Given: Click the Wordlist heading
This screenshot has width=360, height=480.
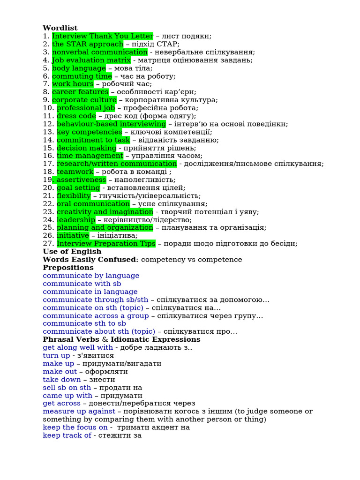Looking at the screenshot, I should pos(60,28).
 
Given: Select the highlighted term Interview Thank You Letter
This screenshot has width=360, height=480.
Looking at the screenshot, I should pos(103,36).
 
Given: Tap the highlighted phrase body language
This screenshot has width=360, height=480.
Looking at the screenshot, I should pos(79,68).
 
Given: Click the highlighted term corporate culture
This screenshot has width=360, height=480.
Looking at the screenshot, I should pos(84,100).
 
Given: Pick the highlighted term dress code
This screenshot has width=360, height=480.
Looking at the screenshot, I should pos(76,116).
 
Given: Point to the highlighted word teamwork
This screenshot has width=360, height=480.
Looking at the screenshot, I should pos(75,172).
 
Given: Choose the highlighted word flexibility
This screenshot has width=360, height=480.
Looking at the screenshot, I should pos(74,195).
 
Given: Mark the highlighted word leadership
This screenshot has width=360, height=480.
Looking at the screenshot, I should pos(75,219).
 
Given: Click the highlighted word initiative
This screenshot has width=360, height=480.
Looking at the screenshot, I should pos(73,235).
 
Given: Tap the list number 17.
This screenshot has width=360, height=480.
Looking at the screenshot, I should pos(49,164).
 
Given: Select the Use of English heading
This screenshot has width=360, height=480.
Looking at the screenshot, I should pos(72,252).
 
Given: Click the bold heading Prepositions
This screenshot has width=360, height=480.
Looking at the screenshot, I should pos(68,268).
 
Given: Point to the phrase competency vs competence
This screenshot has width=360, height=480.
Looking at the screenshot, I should pos(191,260).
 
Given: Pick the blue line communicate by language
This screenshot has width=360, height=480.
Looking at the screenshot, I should pos(91,276).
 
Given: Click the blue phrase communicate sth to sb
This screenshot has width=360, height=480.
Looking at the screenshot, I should pos(84,323).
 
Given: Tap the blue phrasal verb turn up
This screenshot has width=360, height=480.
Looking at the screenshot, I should pos(56,355).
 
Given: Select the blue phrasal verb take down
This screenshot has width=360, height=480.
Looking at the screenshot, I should pos(61,379).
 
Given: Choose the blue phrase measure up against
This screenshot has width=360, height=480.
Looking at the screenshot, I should pos(79,411).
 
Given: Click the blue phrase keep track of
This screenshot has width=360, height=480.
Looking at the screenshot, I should pos(67,435).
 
